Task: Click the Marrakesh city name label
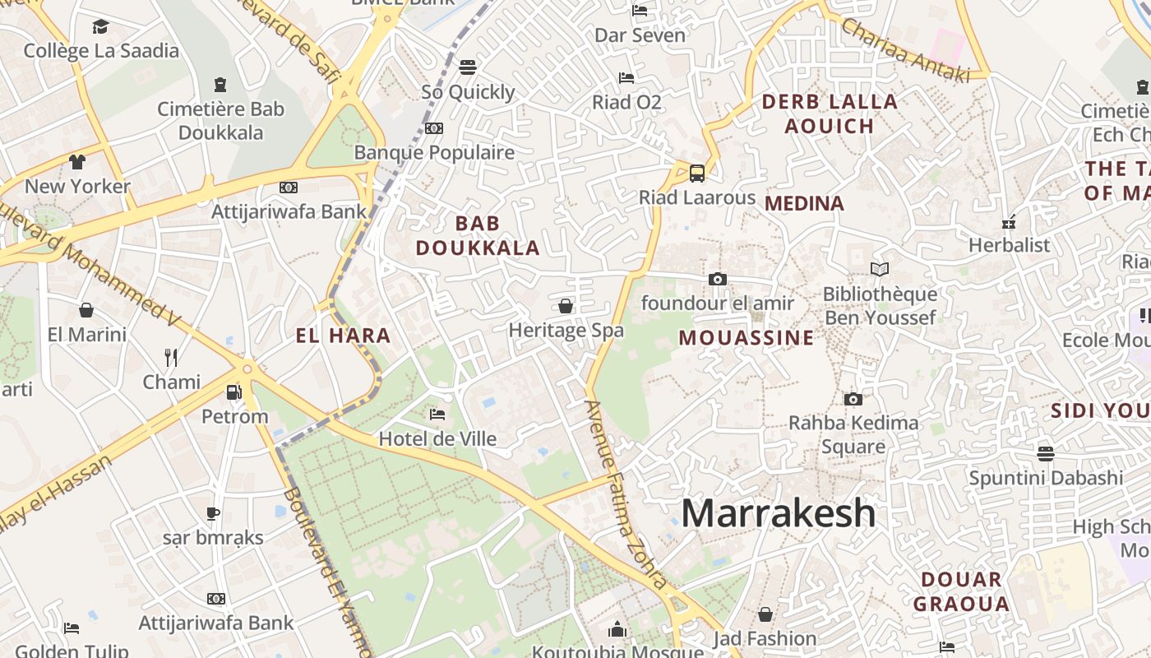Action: point(778,513)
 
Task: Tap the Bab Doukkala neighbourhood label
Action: point(478,235)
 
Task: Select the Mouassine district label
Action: point(747,338)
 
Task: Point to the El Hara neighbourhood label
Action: point(343,336)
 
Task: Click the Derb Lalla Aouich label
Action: point(830,114)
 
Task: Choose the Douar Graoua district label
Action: point(961,591)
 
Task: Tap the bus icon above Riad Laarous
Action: point(697,174)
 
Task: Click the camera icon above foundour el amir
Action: point(718,280)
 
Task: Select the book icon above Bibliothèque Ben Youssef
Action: point(880,269)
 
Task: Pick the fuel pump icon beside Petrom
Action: point(234,392)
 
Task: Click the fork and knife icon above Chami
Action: point(171,357)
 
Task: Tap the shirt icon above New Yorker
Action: point(77,161)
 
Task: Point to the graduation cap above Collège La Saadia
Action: point(100,26)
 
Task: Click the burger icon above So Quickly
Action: point(468,67)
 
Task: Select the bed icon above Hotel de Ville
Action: point(437,414)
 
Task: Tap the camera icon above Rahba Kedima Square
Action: point(853,399)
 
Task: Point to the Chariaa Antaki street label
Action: point(904,51)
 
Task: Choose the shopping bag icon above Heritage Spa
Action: point(566,306)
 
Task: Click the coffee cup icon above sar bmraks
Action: point(213,513)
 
